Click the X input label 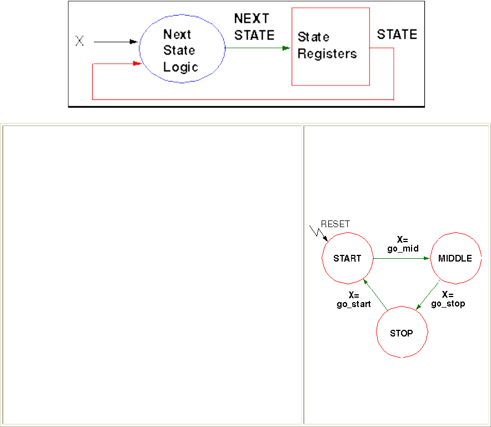(x=79, y=41)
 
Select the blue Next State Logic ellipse (x=181, y=49)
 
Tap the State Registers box (x=330, y=47)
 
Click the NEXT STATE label (x=254, y=27)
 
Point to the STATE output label (x=397, y=34)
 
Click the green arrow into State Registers (x=258, y=48)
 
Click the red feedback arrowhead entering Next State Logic (x=136, y=64)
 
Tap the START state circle (x=347, y=258)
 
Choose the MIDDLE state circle (x=455, y=258)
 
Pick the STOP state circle (x=401, y=333)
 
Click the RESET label (x=335, y=224)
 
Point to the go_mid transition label (x=403, y=245)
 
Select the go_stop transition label (x=448, y=299)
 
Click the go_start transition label (x=353, y=300)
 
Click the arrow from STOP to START (x=375, y=294)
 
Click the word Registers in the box (x=327, y=54)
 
